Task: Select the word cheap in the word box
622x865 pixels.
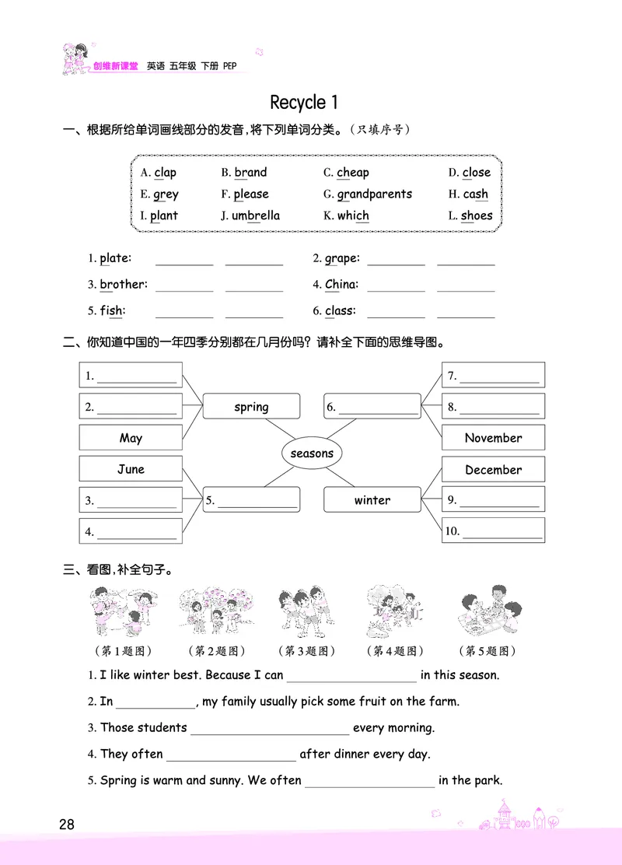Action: [353, 173]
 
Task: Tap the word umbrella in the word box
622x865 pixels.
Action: [256, 215]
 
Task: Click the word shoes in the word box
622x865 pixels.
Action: [477, 215]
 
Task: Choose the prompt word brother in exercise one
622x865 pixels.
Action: [122, 285]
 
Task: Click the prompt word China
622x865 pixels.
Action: [341, 285]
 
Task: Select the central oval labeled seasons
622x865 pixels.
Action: [311, 454]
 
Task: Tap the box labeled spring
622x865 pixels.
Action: [251, 407]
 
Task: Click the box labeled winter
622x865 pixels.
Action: [372, 500]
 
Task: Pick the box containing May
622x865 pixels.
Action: [131, 438]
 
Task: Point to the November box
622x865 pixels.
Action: [493, 438]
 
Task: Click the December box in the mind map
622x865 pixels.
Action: [493, 470]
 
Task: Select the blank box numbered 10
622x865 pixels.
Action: [493, 532]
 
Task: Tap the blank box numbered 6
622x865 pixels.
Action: [372, 407]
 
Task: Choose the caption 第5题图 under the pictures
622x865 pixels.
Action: [487, 651]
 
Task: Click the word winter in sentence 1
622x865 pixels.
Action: [151, 675]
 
